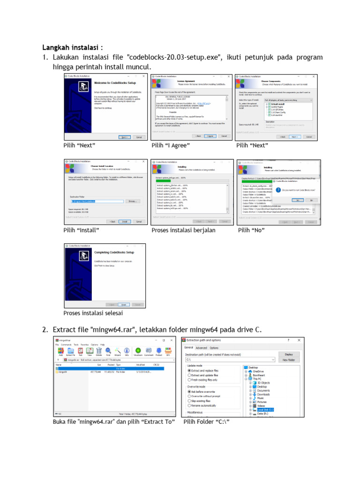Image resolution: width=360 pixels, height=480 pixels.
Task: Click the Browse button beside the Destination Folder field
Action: click(x=132, y=201)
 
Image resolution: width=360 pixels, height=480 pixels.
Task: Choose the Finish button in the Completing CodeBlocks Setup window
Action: click(x=124, y=304)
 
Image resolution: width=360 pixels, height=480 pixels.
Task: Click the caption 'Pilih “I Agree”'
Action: click(x=171, y=146)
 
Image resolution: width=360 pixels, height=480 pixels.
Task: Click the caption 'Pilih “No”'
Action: click(x=251, y=230)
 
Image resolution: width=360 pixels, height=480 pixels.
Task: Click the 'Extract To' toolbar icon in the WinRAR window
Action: click(x=70, y=352)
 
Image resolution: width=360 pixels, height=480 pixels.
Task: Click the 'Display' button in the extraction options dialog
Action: click(x=289, y=354)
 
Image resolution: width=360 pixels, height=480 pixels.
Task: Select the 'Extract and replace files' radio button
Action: click(x=189, y=371)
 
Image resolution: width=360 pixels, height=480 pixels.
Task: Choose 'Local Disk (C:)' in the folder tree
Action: click(x=265, y=410)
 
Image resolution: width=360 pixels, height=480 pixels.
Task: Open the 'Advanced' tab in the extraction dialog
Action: click(x=201, y=348)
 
